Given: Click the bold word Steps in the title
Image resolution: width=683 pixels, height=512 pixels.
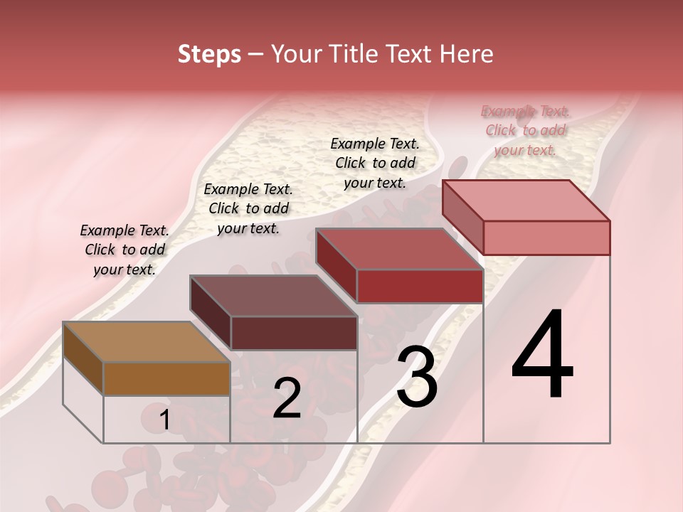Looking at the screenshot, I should coord(208,54).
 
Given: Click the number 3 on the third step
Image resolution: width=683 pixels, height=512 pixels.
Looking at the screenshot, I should coord(417,377).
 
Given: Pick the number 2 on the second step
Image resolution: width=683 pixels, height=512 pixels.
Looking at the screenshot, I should coord(287,398).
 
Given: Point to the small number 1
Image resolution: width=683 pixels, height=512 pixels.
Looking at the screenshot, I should coord(164,420).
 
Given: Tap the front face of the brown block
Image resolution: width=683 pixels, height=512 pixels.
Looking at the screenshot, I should coord(166,378).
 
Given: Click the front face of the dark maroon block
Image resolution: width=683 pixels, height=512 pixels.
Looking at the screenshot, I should coord(294,333).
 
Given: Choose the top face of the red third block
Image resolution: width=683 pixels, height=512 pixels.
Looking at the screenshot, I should coord(399,249).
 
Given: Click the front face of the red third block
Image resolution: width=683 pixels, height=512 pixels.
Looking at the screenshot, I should coord(420,286).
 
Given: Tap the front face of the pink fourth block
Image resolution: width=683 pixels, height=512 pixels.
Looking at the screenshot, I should coord(546,238).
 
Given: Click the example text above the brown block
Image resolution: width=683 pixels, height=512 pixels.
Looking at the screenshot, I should coord(125,250).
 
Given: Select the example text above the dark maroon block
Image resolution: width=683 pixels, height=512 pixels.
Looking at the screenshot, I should coord(248,208).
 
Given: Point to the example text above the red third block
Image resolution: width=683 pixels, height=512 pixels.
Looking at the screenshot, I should coord(375,163).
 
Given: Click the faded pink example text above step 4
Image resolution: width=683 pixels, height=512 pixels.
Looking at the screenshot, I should coord(525,130).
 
